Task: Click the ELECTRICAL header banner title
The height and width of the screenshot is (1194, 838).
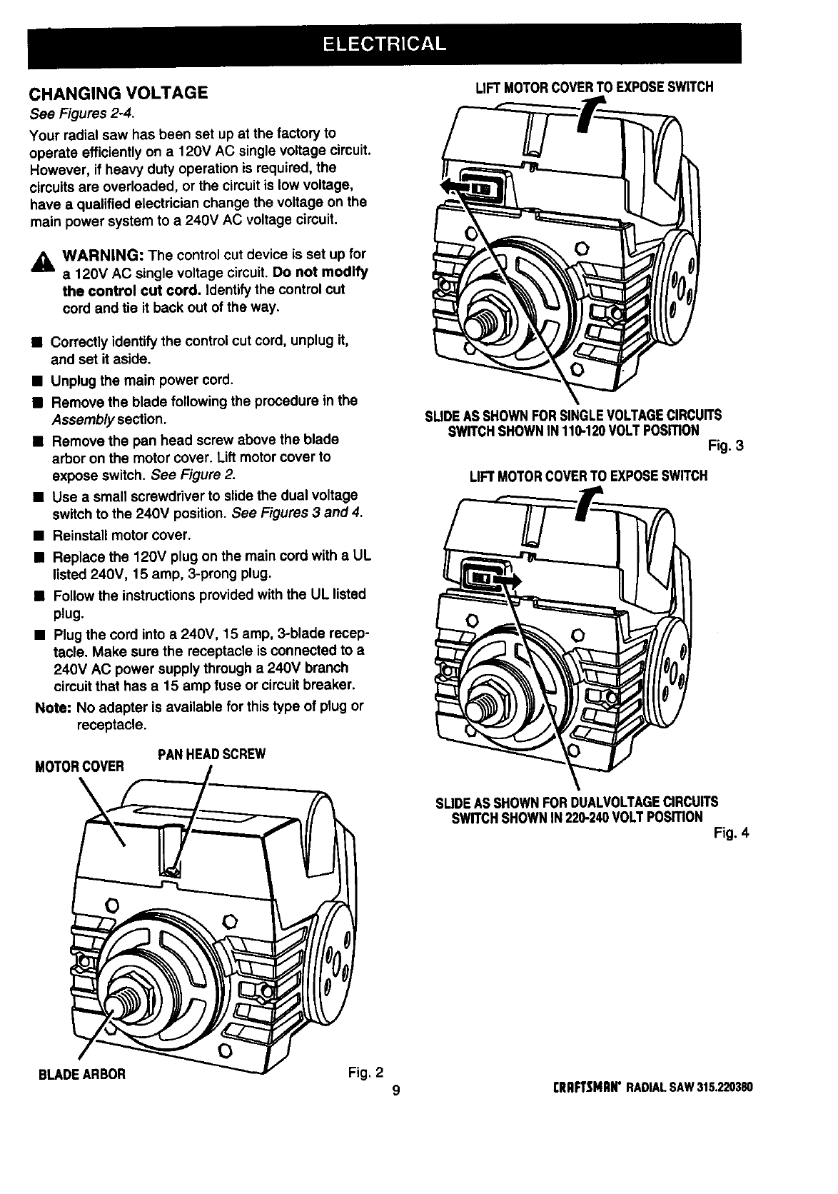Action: pyautogui.click(x=384, y=44)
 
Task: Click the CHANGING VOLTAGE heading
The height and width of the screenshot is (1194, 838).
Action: pyautogui.click(x=118, y=93)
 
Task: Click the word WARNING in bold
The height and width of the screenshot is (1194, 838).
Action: pyautogui.click(x=104, y=255)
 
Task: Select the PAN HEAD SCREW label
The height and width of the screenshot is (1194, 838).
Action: pyautogui.click(x=211, y=754)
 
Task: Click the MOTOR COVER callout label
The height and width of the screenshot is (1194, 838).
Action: pyautogui.click(x=79, y=767)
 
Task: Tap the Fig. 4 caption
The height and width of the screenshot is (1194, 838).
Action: pyautogui.click(x=731, y=832)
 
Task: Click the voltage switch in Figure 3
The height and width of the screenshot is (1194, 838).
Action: pyautogui.click(x=480, y=187)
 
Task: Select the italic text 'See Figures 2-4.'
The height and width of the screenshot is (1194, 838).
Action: pyautogui.click(x=81, y=114)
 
